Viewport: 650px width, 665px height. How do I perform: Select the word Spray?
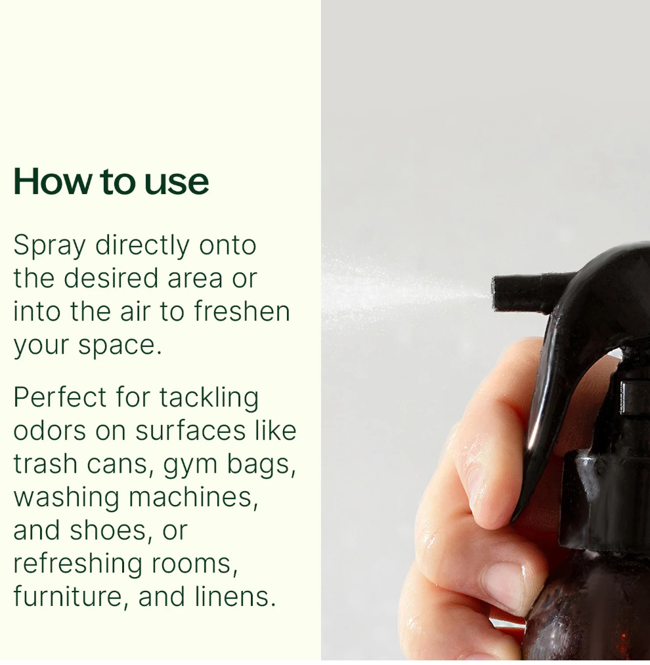click(50, 247)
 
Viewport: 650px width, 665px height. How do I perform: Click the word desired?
click(111, 278)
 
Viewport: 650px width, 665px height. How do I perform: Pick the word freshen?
click(242, 311)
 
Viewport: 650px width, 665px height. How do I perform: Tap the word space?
click(120, 346)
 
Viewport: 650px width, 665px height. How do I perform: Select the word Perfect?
click(60, 397)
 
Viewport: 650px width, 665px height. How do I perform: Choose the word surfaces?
click(190, 430)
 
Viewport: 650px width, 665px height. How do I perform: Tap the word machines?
click(194, 497)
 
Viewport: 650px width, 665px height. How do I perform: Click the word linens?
click(236, 596)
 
